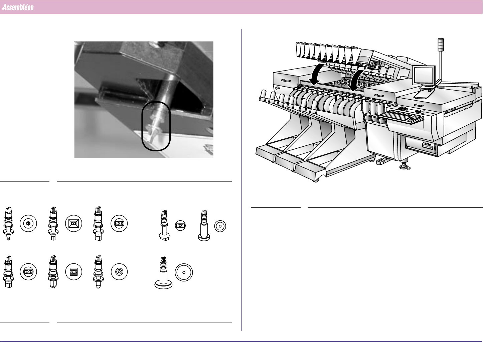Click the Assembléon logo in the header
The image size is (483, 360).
coord(18,7)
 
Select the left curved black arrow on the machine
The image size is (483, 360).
coord(316,75)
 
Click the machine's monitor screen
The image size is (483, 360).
coord(423,76)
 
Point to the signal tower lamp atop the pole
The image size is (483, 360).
coord(441,45)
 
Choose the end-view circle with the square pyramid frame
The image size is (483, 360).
coord(73,223)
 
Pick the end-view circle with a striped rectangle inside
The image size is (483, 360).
coord(73,272)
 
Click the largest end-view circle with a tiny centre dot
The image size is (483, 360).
coord(184,272)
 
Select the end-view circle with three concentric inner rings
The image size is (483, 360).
coord(119,272)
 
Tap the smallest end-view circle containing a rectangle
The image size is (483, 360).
coord(180,226)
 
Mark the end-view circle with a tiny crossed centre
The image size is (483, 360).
coord(28,223)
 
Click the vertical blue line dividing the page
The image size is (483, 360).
coord(241,180)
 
